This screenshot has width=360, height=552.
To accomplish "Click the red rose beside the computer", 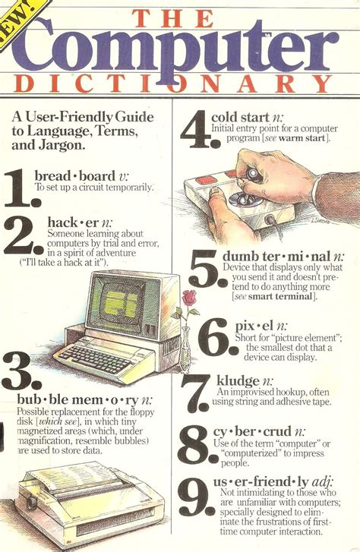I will [189, 298].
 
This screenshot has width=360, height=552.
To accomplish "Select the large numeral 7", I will [195, 393].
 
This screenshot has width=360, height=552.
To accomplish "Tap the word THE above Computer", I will [180, 14].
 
